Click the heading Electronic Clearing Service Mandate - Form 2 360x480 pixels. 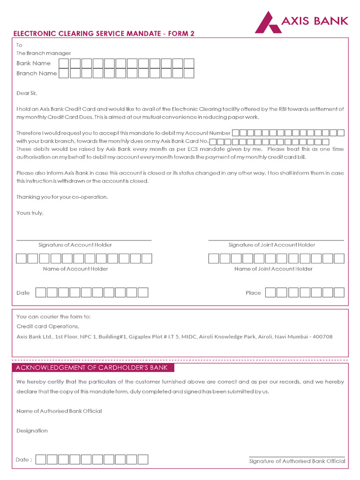(x=103, y=33)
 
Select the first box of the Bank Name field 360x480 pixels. (x=64, y=63)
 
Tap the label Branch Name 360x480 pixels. (x=37, y=73)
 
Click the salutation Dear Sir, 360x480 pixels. (x=26, y=93)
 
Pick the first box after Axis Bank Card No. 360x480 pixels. (x=213, y=141)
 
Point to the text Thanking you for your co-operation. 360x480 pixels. (x=62, y=197)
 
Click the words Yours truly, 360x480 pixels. (x=30, y=212)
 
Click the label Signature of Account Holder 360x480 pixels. (x=75, y=245)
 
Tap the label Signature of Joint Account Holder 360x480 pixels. (x=272, y=245)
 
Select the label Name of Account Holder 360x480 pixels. (x=75, y=269)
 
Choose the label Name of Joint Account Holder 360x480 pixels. (x=273, y=269)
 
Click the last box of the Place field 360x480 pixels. (x=339, y=292)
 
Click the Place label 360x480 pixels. (x=253, y=293)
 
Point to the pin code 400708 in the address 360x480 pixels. (x=322, y=337)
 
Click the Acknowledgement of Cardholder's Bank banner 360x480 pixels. (x=91, y=367)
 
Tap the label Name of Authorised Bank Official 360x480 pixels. (x=59, y=411)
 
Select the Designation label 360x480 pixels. (x=32, y=430)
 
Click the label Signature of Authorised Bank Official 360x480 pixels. (x=297, y=461)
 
